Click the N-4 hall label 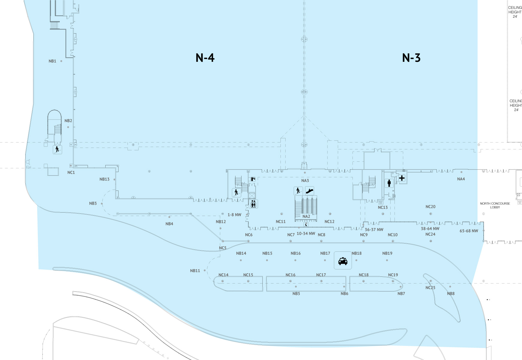205,58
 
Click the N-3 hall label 411,58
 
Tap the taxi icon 343,261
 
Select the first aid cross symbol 402,178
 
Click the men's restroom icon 389,183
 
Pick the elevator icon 253,204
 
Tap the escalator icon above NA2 310,191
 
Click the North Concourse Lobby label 495,205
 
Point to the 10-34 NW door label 306,233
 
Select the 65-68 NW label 469,231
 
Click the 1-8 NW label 234,215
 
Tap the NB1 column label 52,61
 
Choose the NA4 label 461,179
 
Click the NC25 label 430,288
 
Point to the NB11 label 195,271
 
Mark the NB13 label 104,179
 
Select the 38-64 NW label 430,229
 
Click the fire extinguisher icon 253,179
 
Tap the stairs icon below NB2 57,149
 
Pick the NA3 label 305,181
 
